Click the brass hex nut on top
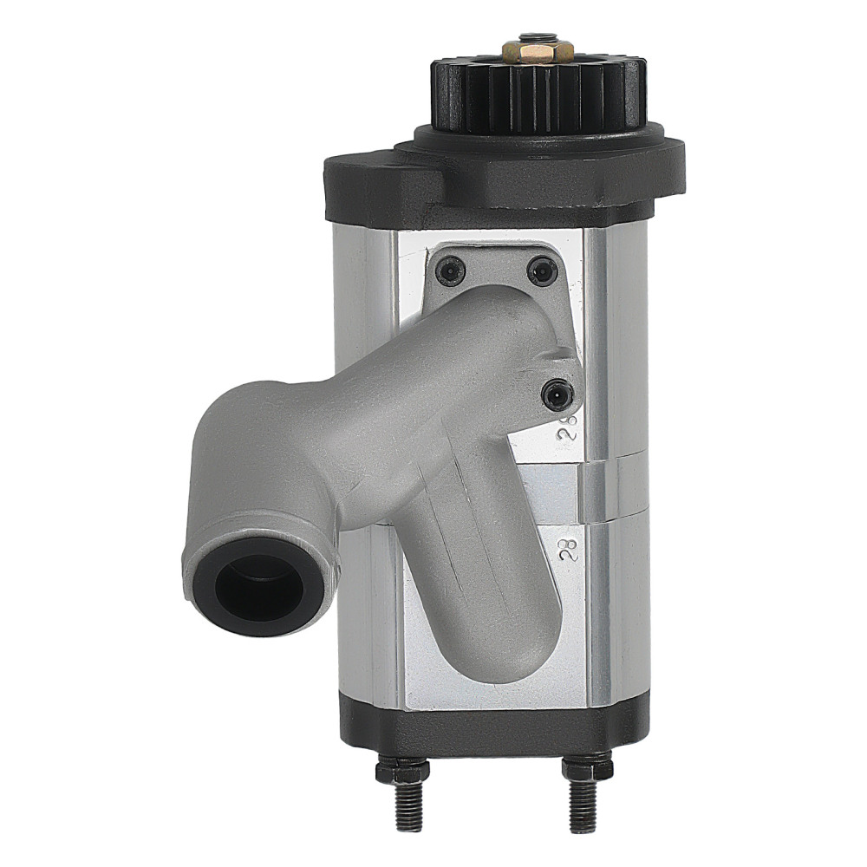point(538,51)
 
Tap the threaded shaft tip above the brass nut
point(538,37)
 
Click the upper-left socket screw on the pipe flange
point(450,272)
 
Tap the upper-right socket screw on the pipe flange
point(542,272)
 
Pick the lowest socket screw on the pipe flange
point(556,395)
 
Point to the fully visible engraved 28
point(569,549)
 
